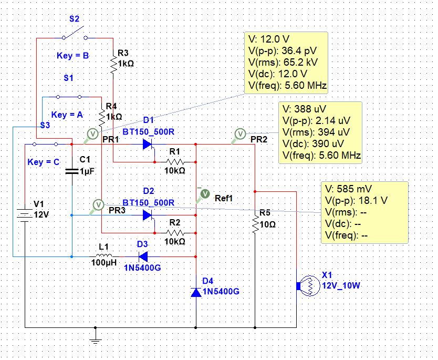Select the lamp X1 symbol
click(x=308, y=286)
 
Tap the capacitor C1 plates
click(x=72, y=171)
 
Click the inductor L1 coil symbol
click(x=104, y=255)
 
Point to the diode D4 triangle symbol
click(x=196, y=292)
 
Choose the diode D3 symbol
click(x=143, y=256)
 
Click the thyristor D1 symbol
click(x=148, y=145)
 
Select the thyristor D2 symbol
click(x=148, y=215)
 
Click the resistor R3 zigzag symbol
click(x=113, y=65)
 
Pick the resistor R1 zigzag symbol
click(x=175, y=162)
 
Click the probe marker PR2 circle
click(x=240, y=134)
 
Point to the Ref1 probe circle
click(x=205, y=194)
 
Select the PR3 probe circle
click(x=98, y=204)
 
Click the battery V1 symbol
click(x=25, y=215)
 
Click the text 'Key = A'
click(x=67, y=115)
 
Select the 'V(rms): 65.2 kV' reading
click(x=283, y=62)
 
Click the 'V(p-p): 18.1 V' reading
click(x=356, y=200)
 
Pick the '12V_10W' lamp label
click(x=341, y=286)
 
